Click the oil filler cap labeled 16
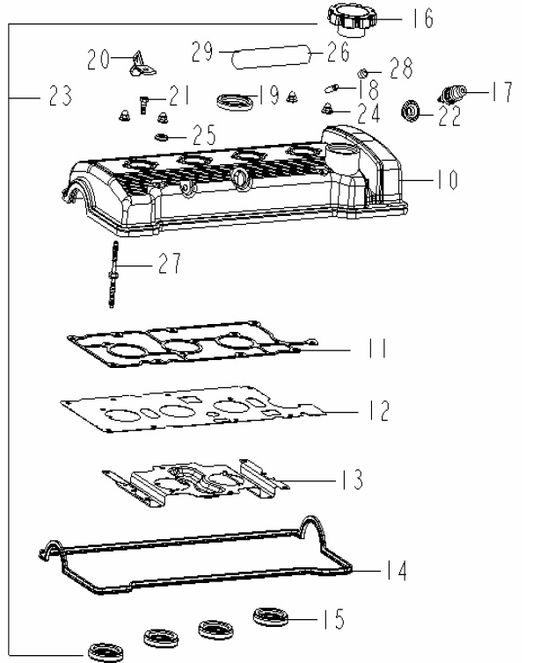352,20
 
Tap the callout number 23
61,96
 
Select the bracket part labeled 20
142,64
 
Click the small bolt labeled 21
143,104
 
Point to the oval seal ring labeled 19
235,102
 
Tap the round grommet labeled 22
410,111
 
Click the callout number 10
448,180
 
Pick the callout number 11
376,349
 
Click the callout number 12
379,410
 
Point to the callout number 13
353,479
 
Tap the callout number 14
396,571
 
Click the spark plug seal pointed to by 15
271,617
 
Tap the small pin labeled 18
331,89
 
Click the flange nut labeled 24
325,110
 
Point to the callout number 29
202,52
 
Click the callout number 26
339,52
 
